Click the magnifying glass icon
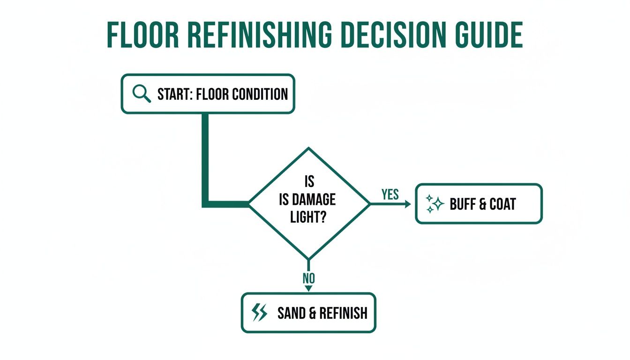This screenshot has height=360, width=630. [x=142, y=94]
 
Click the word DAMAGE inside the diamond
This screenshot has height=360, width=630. [x=314, y=200]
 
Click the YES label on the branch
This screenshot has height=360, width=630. [x=390, y=195]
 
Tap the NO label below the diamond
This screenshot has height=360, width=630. [x=308, y=278]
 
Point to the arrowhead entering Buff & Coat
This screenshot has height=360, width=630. [x=408, y=204]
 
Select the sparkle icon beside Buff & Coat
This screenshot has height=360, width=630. [x=435, y=204]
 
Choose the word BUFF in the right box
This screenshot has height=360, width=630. [x=463, y=204]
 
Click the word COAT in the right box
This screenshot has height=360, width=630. [x=503, y=204]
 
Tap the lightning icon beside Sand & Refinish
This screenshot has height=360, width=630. [x=259, y=313]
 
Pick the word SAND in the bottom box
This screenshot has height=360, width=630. [x=291, y=313]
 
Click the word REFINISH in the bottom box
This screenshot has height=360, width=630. [x=344, y=313]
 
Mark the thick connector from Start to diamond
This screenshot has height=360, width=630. [x=205, y=159]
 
